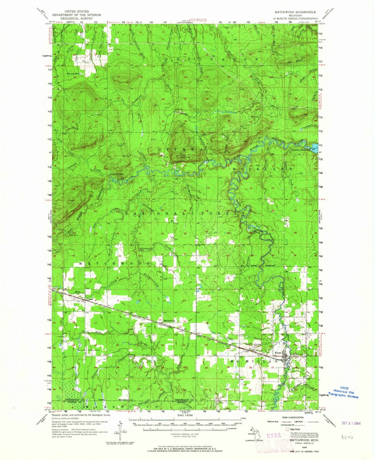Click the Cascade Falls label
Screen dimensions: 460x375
pyautogui.click(x=116, y=174)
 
